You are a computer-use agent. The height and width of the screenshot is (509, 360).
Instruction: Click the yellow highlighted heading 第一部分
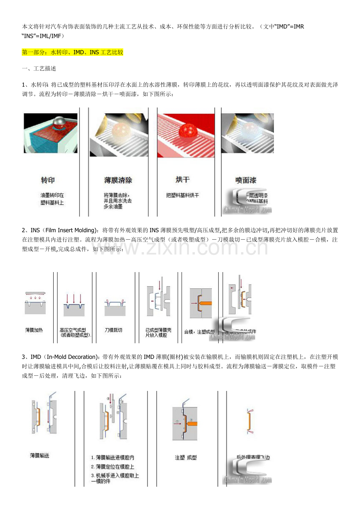click(73, 52)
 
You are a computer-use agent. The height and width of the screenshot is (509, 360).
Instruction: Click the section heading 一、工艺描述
click(39, 68)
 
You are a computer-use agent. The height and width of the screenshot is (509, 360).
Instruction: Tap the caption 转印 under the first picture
click(48, 180)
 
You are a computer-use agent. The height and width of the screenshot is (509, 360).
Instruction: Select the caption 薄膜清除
click(118, 180)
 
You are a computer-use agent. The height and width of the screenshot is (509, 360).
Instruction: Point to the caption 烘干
click(182, 179)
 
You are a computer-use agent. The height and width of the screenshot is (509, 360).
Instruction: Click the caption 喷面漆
click(246, 180)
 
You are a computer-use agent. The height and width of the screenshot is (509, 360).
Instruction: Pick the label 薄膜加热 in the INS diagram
click(34, 330)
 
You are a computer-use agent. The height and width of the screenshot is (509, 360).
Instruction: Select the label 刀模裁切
click(113, 330)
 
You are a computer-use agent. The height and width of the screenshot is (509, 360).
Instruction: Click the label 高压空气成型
click(76, 330)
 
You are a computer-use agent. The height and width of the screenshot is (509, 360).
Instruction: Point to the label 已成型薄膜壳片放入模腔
click(158, 332)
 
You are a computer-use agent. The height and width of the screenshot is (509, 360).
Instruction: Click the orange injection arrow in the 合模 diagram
click(205, 303)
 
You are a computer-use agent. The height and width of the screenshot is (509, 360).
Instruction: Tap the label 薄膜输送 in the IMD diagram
click(40, 455)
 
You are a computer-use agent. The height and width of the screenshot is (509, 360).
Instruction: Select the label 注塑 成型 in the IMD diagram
click(186, 457)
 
